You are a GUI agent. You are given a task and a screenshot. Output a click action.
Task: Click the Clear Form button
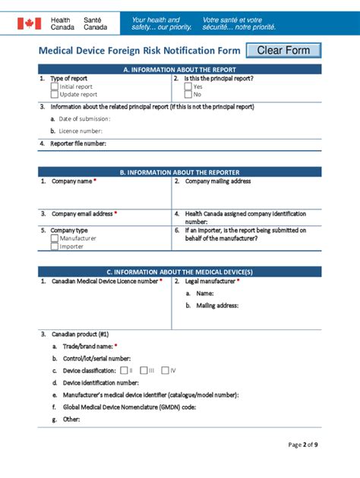coord(283,51)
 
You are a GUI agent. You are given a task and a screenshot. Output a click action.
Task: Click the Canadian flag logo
coord(29,24)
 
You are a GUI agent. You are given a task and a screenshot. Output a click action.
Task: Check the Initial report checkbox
coord(55,86)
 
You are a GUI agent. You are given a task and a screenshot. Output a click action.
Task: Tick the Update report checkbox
coord(55,95)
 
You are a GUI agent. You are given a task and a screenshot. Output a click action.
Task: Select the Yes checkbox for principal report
coord(188,86)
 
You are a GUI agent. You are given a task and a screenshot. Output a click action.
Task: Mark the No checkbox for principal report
coord(188,95)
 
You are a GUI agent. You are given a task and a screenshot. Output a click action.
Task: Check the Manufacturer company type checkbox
coord(55,238)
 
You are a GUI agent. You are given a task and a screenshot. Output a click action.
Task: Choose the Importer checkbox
coord(55,247)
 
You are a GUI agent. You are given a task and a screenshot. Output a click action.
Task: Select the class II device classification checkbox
coord(125,370)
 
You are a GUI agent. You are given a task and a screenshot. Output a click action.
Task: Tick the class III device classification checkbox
coord(144,370)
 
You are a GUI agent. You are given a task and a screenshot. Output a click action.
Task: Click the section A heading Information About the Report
coord(180,69)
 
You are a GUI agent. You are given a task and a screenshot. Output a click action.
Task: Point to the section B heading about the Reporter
coord(180,172)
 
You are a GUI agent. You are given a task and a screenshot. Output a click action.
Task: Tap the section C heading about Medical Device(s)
coord(180,272)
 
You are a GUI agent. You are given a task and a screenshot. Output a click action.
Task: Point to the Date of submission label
coord(84,118)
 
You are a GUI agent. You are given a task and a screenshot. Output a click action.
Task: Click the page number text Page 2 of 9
coord(302,445)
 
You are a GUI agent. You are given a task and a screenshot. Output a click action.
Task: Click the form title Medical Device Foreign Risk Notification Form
coord(140,51)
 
